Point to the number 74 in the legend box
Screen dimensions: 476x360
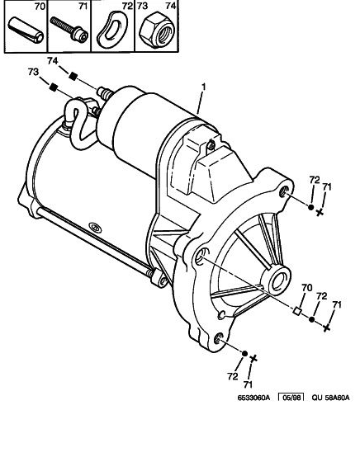click(172, 7)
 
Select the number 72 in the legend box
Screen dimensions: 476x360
click(126, 7)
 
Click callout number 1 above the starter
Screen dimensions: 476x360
click(203, 87)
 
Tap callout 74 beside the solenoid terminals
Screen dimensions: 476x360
click(53, 62)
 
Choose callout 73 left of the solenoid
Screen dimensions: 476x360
click(34, 73)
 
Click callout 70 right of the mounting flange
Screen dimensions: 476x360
click(306, 289)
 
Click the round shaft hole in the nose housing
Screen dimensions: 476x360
click(277, 278)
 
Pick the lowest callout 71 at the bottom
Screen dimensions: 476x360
click(248, 384)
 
